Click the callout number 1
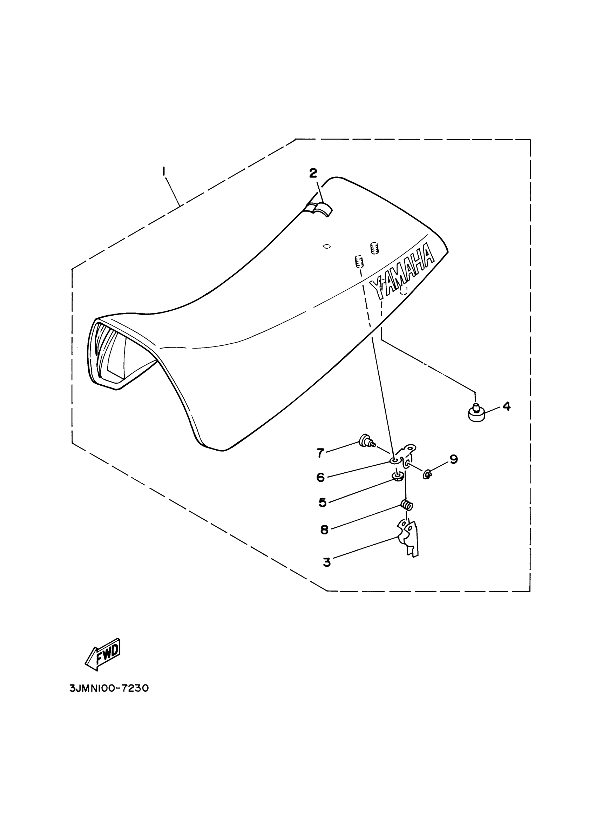coord(164,170)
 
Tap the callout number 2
coord(313,173)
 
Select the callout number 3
coord(326,562)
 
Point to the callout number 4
coord(506,406)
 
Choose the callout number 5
coord(323,502)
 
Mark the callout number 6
coord(320,477)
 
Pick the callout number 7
coord(320,452)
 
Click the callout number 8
coord(324,530)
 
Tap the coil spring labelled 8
coord(407,505)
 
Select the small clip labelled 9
coord(427,473)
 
